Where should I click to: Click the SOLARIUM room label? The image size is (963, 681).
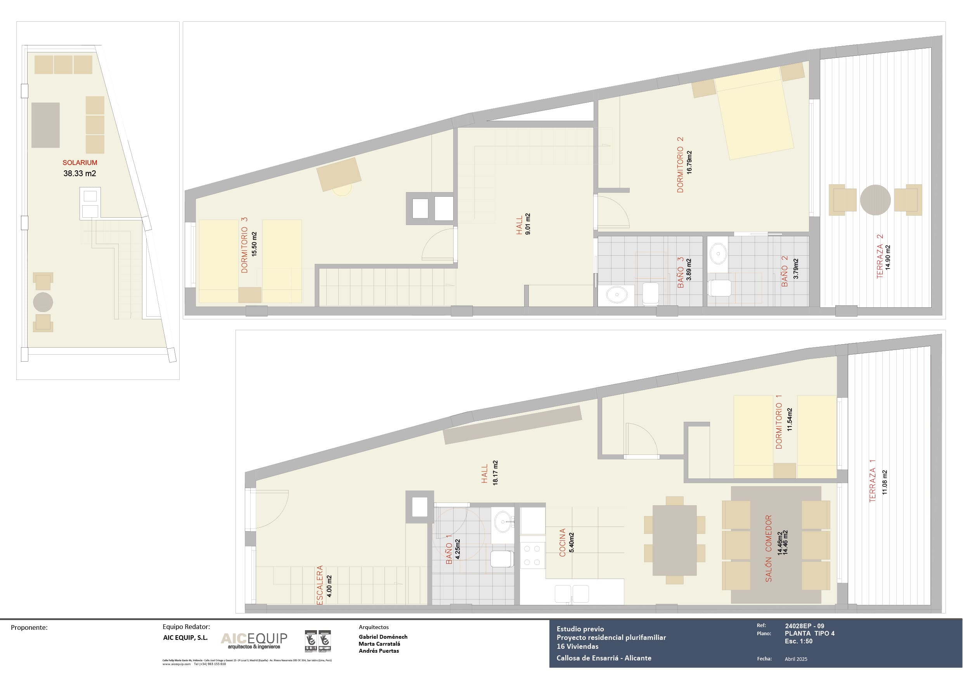(80, 162)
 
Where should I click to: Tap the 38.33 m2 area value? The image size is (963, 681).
(80, 173)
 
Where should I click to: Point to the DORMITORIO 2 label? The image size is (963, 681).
(680, 165)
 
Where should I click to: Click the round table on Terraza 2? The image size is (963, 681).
(875, 200)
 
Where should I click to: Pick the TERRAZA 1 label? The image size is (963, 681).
(873, 481)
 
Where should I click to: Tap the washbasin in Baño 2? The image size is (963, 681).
(719, 253)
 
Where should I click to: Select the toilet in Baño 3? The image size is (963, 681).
(651, 293)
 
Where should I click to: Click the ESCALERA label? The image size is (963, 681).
(320, 585)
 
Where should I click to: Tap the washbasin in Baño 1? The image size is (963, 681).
(503, 522)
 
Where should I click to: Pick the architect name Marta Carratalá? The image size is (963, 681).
(379, 644)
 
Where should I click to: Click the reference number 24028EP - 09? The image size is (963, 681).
(804, 626)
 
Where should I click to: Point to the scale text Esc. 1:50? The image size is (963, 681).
(798, 641)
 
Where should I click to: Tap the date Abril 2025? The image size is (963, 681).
(796, 659)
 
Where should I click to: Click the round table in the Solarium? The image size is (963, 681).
(43, 302)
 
